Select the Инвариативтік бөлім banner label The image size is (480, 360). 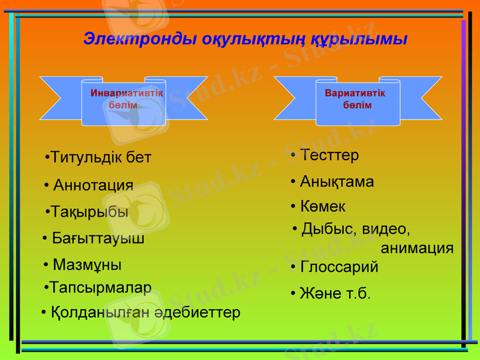click(x=126, y=99)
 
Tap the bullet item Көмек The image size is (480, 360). click(x=323, y=206)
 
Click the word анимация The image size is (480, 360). click(x=417, y=248)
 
